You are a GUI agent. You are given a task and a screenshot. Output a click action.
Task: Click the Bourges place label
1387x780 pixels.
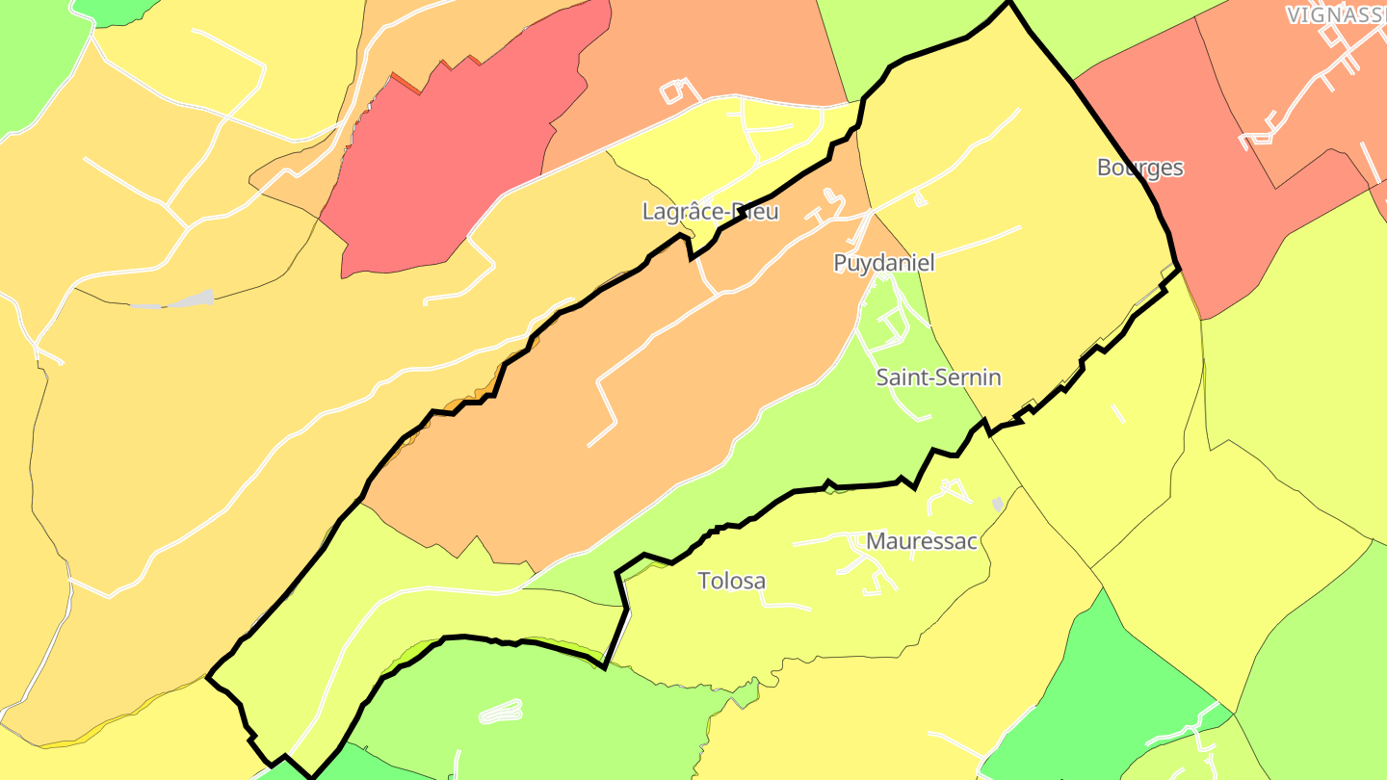(x=1140, y=168)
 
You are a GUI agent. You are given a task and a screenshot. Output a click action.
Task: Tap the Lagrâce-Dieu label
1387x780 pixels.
(x=710, y=212)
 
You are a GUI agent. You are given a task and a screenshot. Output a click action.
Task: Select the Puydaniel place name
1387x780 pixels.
(x=883, y=263)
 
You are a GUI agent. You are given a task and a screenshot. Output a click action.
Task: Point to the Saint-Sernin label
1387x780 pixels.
(x=938, y=377)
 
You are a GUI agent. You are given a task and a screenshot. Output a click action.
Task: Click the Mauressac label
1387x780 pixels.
(x=922, y=541)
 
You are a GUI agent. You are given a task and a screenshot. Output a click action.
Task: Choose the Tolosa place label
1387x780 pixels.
(x=732, y=581)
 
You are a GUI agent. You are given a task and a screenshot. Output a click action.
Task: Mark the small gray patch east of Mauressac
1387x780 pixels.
(x=998, y=504)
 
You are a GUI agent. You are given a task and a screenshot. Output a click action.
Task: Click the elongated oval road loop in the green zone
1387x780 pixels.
(x=501, y=712)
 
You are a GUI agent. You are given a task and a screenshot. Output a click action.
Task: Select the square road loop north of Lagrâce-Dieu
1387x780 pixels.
(x=679, y=91)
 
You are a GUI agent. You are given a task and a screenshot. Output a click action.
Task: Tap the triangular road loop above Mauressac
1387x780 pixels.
(x=950, y=492)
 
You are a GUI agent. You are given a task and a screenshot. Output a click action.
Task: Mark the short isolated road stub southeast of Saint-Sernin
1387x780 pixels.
(x=1117, y=413)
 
